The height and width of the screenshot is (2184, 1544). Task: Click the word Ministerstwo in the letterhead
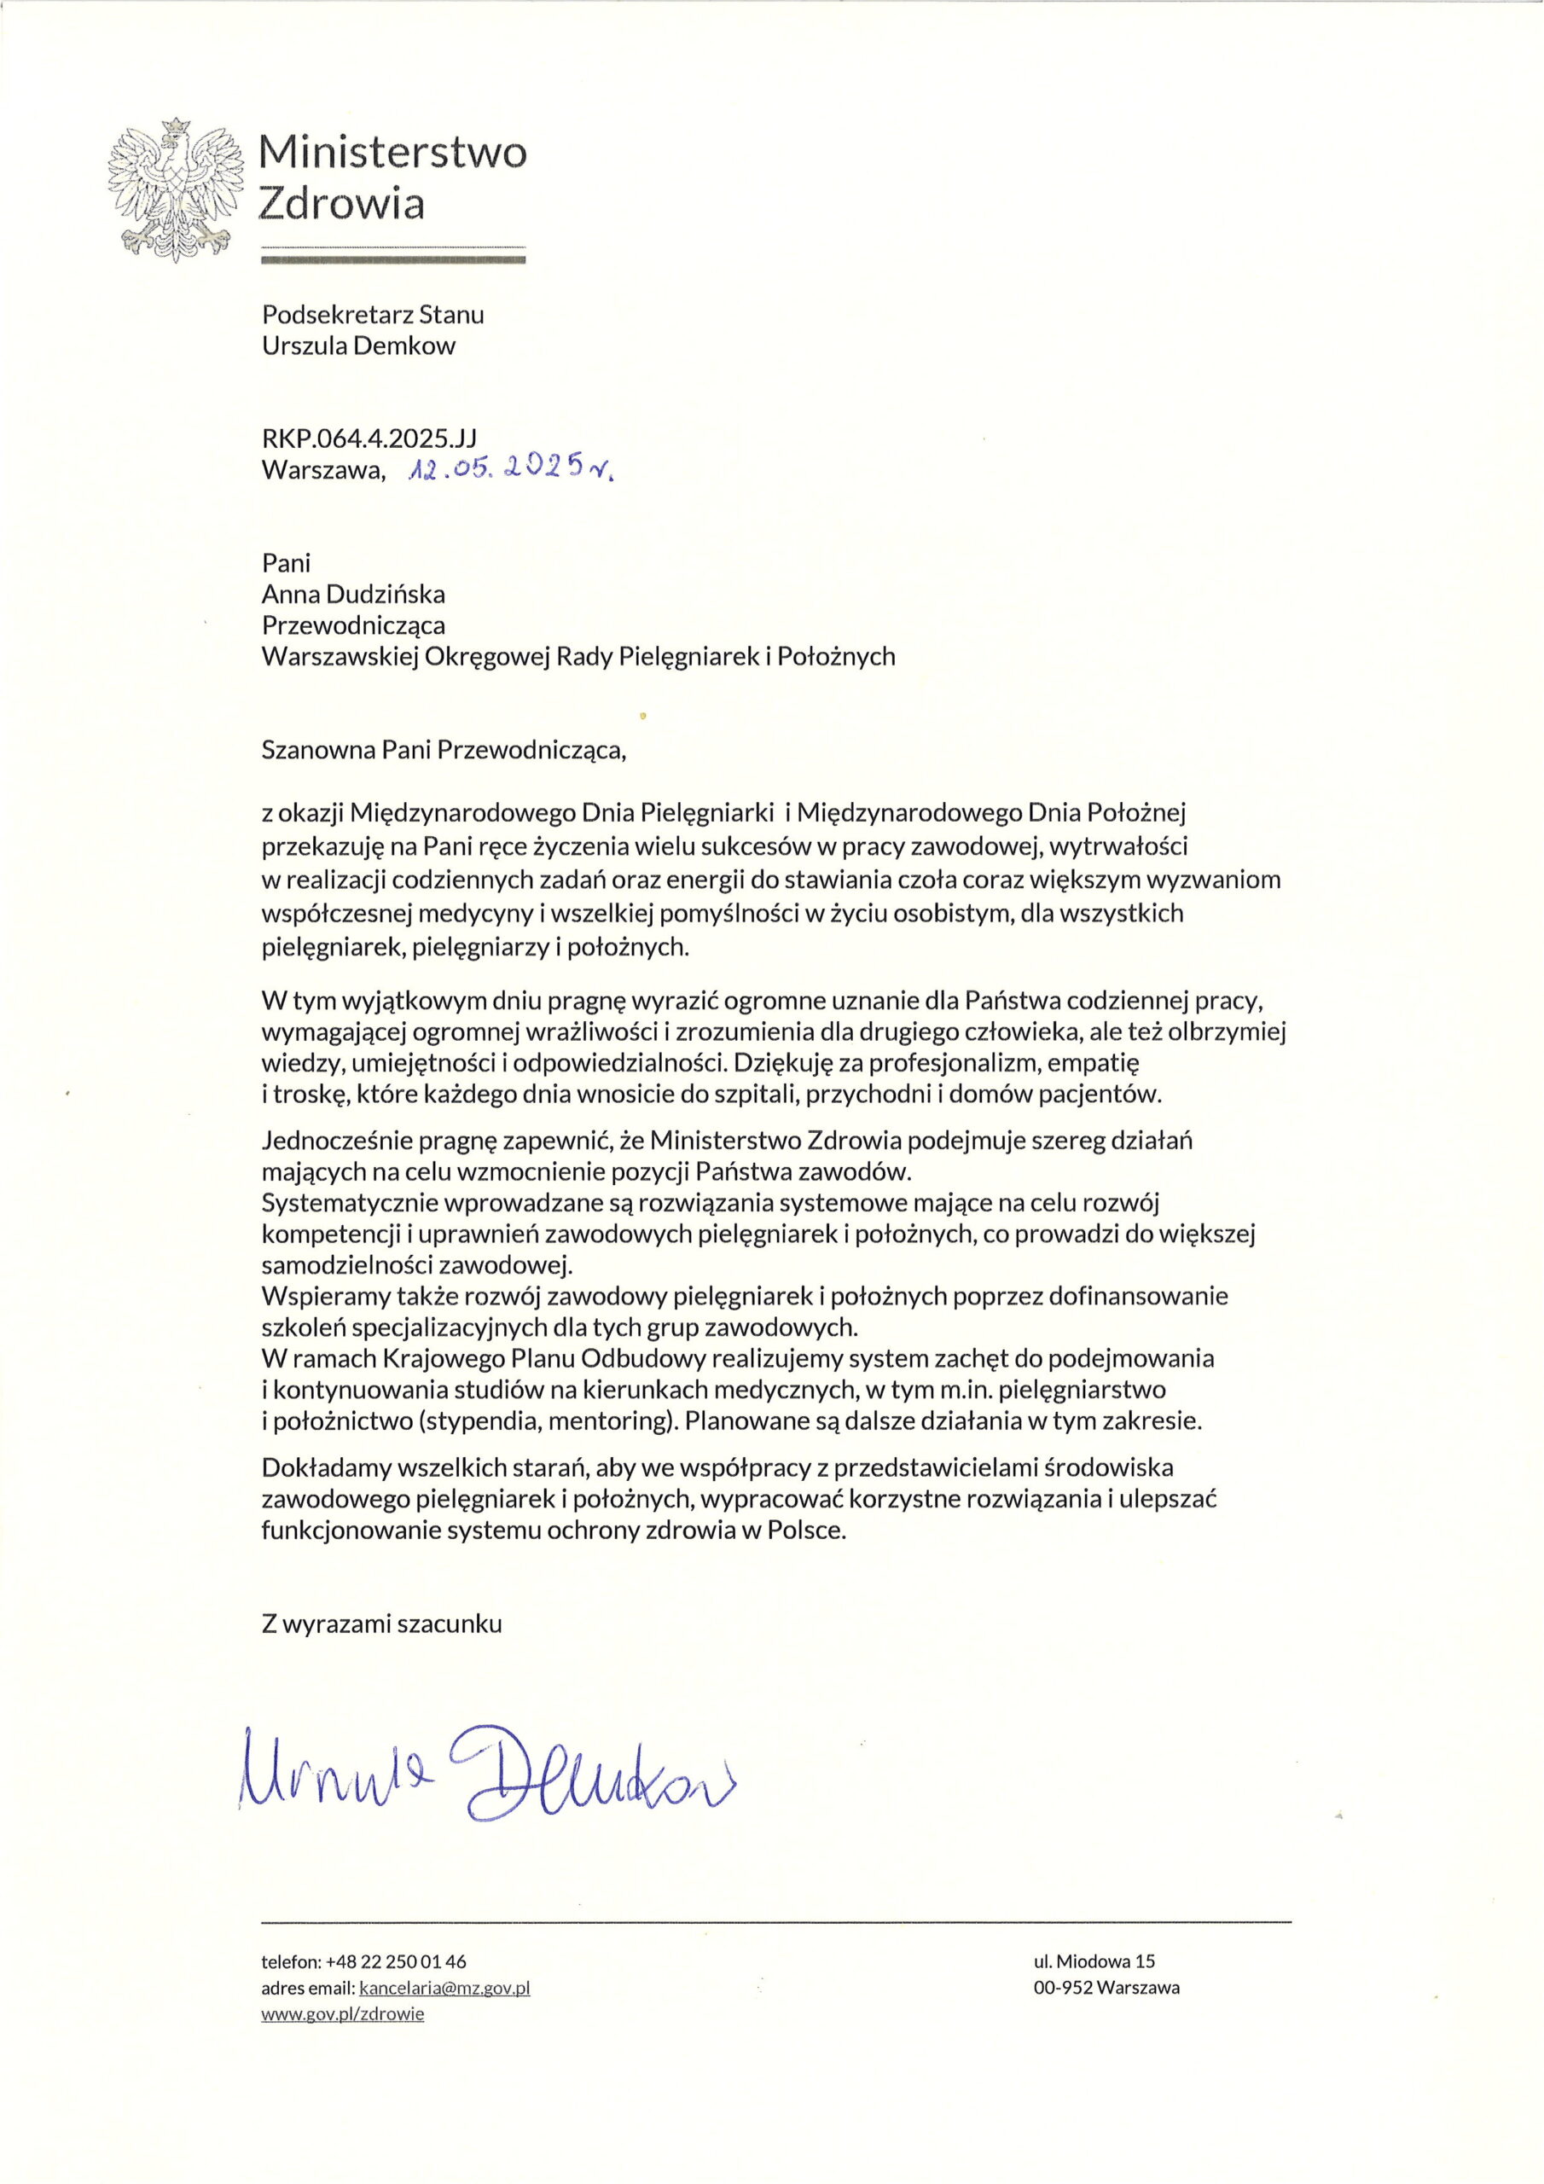click(392, 152)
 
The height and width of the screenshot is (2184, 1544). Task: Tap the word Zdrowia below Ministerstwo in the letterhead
click(342, 204)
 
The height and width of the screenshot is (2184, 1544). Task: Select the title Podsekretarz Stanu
click(373, 314)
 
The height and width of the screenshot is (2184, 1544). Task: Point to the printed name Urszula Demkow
click(358, 346)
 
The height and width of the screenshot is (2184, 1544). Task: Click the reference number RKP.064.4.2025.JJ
click(369, 438)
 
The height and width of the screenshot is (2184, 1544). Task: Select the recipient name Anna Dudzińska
click(353, 595)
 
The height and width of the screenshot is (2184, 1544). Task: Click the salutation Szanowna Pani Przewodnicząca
click(444, 751)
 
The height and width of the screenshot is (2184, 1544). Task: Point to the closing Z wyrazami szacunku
click(381, 1623)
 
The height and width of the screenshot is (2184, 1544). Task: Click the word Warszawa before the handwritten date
click(323, 470)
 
